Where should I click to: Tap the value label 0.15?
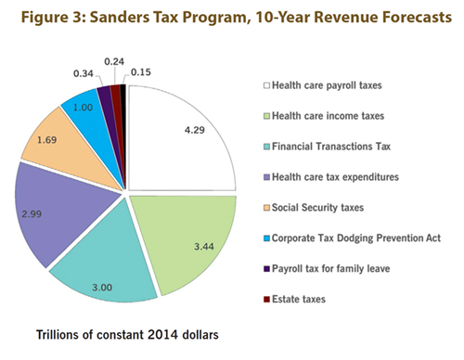(x=142, y=71)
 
